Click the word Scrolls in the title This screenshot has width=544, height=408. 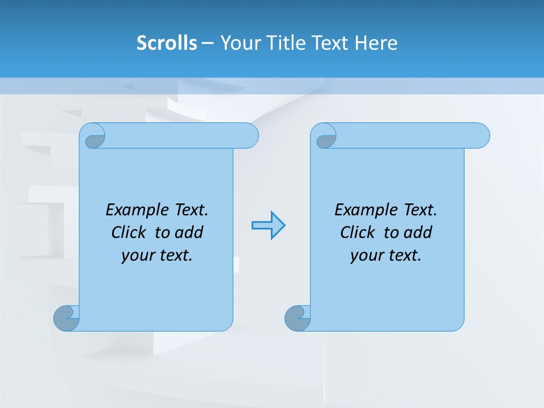tap(167, 43)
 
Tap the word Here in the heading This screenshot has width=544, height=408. tap(376, 43)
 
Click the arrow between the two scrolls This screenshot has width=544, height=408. tap(268, 226)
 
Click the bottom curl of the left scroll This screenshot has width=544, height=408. tap(66, 318)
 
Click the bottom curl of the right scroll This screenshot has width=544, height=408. tap(297, 318)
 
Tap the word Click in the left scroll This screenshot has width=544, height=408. tap(130, 232)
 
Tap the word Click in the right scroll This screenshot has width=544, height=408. tap(358, 232)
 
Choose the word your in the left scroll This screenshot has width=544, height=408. tap(136, 256)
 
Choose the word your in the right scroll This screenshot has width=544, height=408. tap(365, 256)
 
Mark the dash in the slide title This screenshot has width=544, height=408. tap(208, 43)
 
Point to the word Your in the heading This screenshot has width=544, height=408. tap(237, 43)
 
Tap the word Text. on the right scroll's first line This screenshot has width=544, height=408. tap(420, 210)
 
